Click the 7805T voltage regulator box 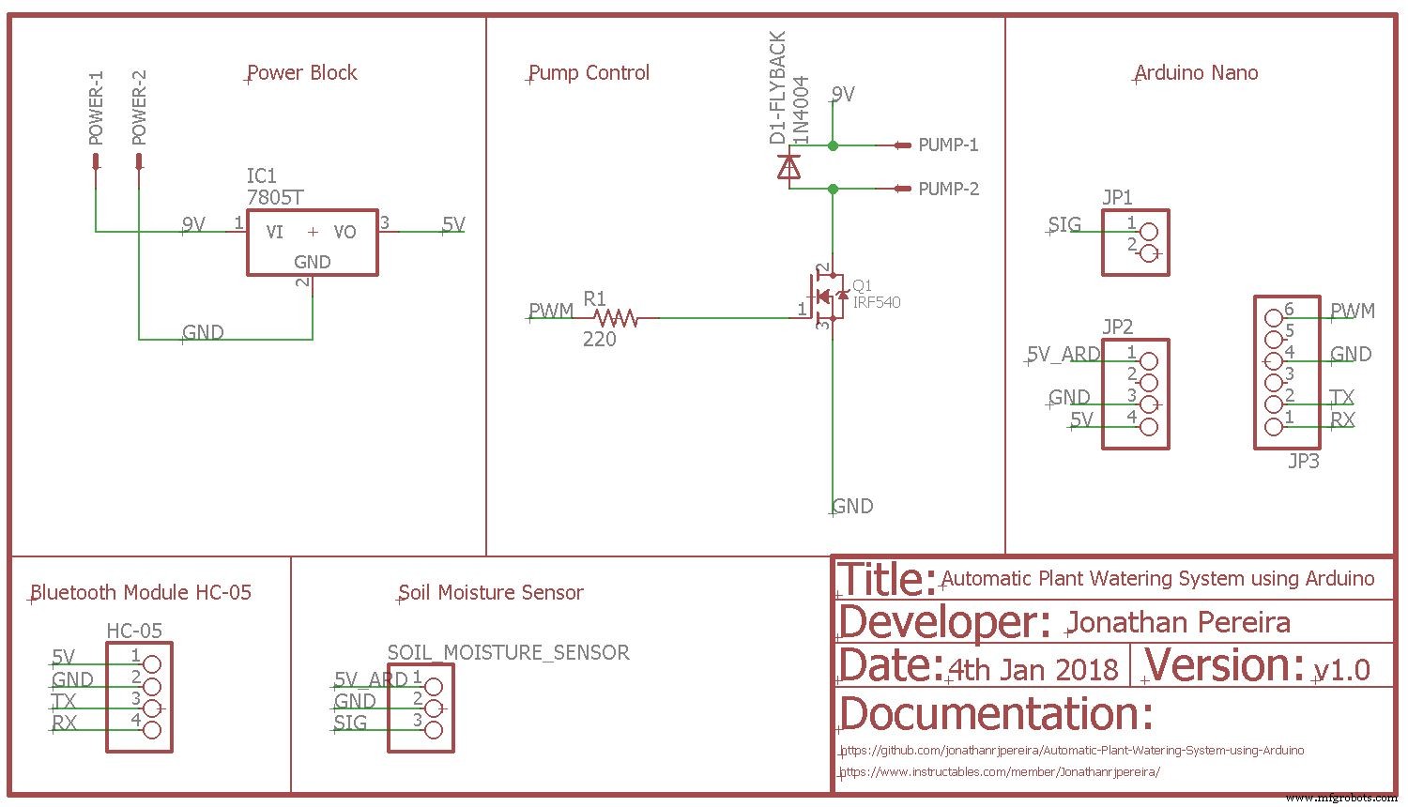pos(312,242)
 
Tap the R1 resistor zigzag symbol pos(617,318)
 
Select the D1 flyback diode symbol pos(789,168)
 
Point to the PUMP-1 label pos(948,145)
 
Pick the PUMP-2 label pos(948,189)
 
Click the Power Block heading pos(302,73)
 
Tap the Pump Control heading pos(589,73)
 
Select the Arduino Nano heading pos(1196,73)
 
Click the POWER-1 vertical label pos(96,108)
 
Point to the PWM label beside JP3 pos(1353,311)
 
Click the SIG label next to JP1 pos(1064,225)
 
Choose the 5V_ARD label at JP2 pos(1064,355)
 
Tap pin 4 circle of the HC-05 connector pos(151,729)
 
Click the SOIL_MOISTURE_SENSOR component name pos(508,652)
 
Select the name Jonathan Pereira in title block pos(1178,622)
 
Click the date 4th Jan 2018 pos(1033,670)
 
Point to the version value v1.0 pos(1342,670)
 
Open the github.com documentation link pos(1072,751)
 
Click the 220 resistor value pos(600,340)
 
